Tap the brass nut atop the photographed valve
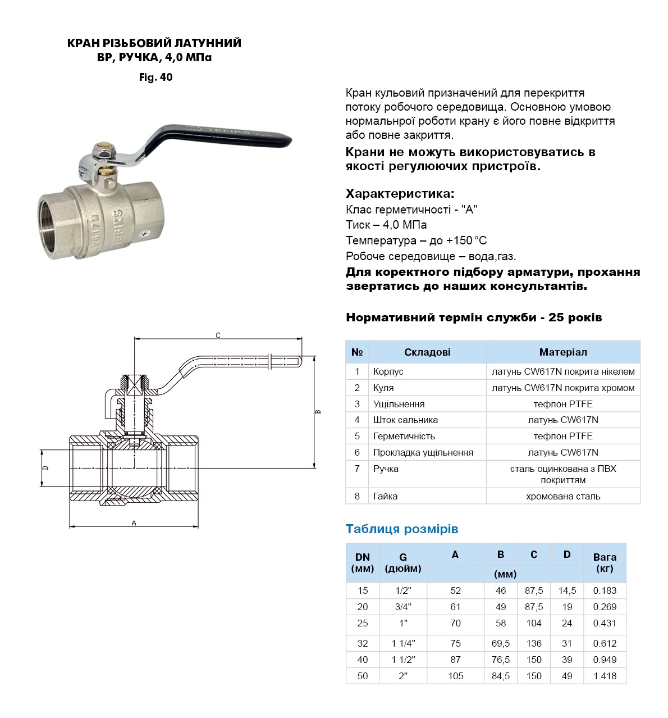point(104,151)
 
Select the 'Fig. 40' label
point(155,78)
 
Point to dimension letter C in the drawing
point(218,335)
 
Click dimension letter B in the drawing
point(318,412)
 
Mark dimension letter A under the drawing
point(134,523)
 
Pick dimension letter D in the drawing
point(46,467)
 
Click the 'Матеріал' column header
point(562,352)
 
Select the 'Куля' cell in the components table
point(383,388)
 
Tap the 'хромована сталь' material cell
point(562,496)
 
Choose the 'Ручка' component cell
point(386,469)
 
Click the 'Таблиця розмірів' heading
point(402,529)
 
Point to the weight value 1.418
point(605,676)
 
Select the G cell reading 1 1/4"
point(402,643)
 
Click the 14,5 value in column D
point(567,590)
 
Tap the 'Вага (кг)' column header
point(605,562)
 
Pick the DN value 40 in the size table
point(363,660)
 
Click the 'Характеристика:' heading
point(400,194)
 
